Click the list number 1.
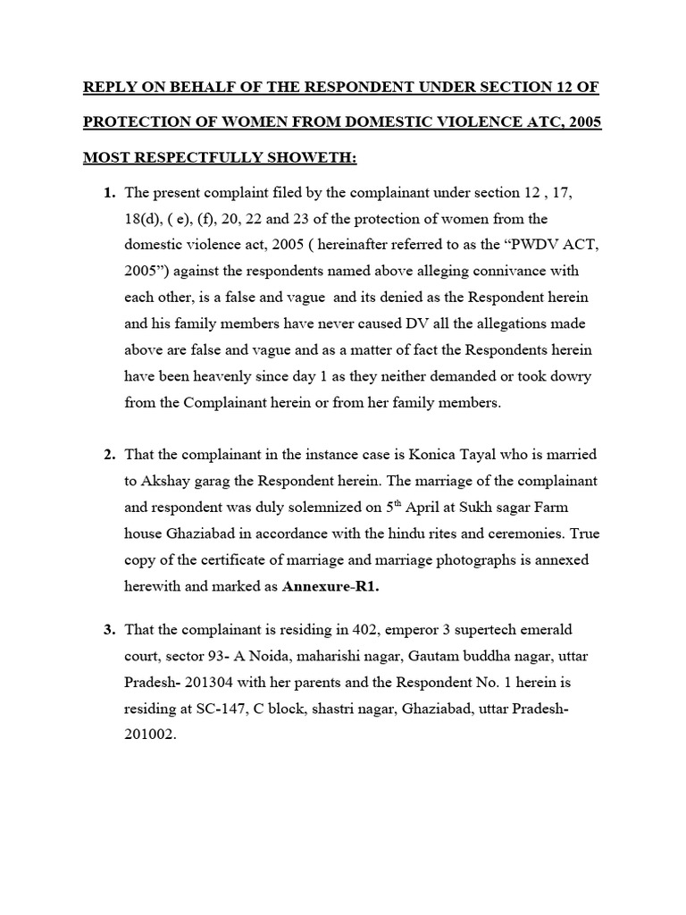point(110,193)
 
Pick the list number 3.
point(110,630)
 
